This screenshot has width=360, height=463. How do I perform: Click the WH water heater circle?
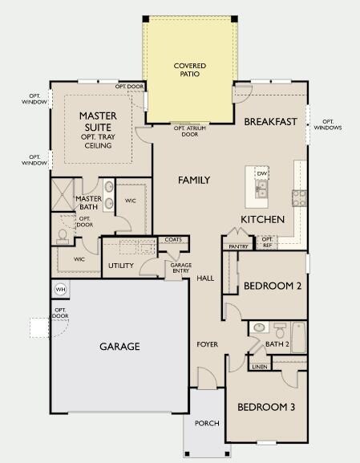[60, 290]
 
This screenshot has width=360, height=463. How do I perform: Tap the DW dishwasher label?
[261, 173]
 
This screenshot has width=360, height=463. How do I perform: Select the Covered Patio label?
[190, 70]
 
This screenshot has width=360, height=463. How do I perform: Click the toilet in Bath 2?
[280, 330]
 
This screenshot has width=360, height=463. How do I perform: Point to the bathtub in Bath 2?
[298, 337]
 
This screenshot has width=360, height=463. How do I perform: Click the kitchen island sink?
[261, 189]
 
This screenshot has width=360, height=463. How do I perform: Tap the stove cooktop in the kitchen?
[299, 198]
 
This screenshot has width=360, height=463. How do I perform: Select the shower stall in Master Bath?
[63, 194]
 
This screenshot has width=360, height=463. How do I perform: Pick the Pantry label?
[238, 246]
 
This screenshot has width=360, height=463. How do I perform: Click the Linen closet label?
[260, 367]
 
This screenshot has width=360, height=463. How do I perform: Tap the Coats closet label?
[173, 239]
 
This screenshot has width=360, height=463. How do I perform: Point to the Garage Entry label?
[181, 268]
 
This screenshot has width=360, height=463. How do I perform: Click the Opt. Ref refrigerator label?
[267, 242]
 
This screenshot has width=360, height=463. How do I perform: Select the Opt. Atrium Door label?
[190, 132]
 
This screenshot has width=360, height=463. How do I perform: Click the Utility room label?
[121, 266]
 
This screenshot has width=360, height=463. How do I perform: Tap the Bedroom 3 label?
[266, 407]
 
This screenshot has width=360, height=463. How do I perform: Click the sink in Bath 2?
[260, 327]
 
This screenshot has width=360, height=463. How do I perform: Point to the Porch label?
[207, 424]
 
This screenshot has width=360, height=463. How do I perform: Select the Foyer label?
[208, 344]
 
